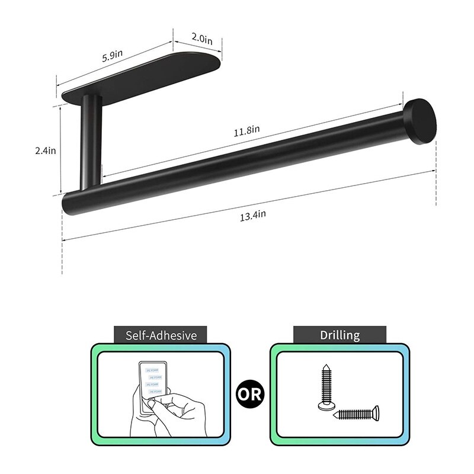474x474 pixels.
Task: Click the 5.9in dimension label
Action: coord(112,55)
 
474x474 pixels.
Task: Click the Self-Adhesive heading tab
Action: coord(161,335)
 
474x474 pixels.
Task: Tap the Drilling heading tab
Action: coord(340,335)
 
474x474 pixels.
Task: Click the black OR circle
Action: coord(250,394)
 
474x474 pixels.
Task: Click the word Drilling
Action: coord(340,335)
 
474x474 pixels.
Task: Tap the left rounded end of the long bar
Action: coord(67,202)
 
